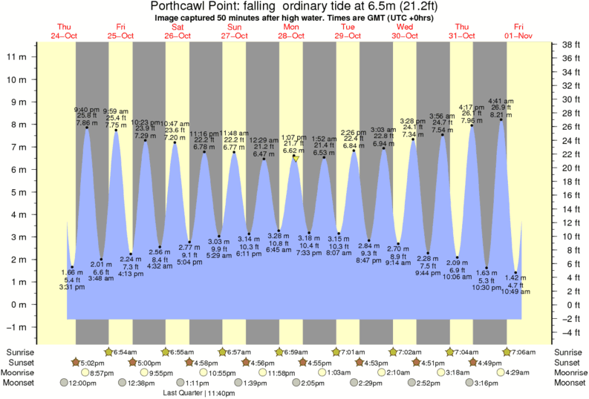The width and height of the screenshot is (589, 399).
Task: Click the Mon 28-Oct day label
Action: [290, 31]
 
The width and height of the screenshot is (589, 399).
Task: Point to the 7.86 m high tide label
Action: [87, 123]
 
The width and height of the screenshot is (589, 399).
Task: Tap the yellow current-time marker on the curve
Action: [296, 159]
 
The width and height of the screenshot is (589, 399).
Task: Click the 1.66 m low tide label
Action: [72, 273]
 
